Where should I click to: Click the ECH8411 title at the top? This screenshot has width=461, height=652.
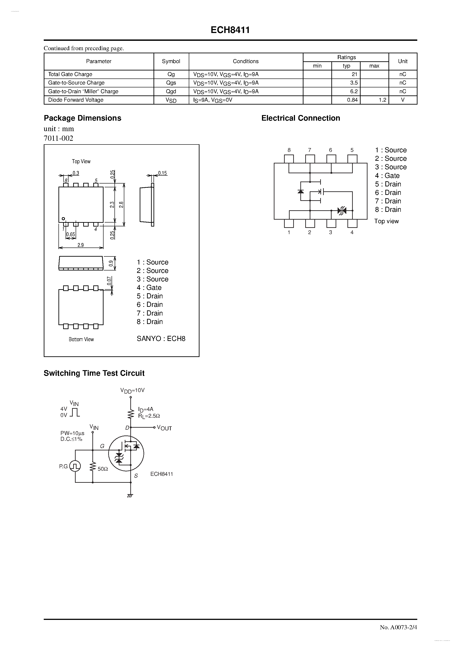coord(230,30)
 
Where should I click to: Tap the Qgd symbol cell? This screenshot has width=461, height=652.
coord(171,91)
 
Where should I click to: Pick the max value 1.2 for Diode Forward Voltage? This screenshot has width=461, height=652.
coord(382,100)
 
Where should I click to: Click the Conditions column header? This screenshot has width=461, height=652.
coord(246,61)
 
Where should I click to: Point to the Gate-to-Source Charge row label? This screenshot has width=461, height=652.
coord(76,83)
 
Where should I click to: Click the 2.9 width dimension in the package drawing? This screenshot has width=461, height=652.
coord(81,245)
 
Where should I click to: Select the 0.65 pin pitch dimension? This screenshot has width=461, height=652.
coord(71,235)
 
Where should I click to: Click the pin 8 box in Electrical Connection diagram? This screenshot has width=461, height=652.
coord(289,159)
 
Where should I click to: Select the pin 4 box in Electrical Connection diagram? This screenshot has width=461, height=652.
coord(352,223)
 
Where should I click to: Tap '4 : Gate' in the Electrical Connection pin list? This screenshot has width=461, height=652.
coord(387,176)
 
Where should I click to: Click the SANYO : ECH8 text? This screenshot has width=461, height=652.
coord(161,338)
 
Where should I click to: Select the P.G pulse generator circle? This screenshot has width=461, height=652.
coord(75,466)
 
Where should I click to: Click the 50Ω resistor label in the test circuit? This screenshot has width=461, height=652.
coord(103,469)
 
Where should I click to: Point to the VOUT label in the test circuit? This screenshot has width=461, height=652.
coord(164,428)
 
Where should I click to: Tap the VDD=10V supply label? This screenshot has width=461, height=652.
coord(133,391)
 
